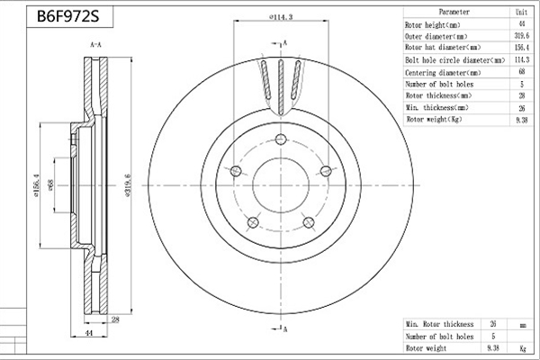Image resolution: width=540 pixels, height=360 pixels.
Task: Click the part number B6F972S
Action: click(x=67, y=16)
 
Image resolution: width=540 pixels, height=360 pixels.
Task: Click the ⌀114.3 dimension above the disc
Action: click(x=281, y=16)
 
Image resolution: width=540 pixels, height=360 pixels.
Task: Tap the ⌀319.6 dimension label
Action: click(x=128, y=185)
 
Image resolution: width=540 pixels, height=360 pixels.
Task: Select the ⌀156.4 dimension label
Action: click(x=37, y=185)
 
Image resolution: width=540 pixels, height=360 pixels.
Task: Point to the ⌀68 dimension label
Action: click(x=50, y=185)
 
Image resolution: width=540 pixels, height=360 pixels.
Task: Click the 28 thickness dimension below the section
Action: click(x=115, y=319)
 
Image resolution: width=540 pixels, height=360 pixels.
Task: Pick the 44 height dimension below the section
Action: click(x=89, y=333)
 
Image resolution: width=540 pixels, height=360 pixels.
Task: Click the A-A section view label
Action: click(x=95, y=44)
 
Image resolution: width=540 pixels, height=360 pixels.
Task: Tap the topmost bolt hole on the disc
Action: click(x=281, y=139)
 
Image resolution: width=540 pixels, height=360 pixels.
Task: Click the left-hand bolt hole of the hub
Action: click(x=236, y=171)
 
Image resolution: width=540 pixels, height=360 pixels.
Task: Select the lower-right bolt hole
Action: click(x=309, y=222)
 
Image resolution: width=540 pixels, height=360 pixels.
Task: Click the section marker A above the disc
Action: click(x=285, y=43)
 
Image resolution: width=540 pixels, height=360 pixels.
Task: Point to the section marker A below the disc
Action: click(x=285, y=329)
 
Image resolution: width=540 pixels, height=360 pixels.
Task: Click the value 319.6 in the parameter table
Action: click(x=522, y=35)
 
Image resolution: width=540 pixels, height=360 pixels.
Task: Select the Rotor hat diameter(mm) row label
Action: click(x=443, y=47)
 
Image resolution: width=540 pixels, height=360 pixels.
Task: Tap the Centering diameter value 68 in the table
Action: click(x=522, y=71)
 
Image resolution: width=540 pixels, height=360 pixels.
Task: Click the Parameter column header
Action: click(x=454, y=12)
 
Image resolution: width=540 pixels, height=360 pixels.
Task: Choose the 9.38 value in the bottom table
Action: click(x=493, y=348)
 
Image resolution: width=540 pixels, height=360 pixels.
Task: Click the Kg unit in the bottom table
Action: click(x=523, y=348)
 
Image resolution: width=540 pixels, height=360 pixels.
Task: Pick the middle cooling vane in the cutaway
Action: click(x=281, y=87)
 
